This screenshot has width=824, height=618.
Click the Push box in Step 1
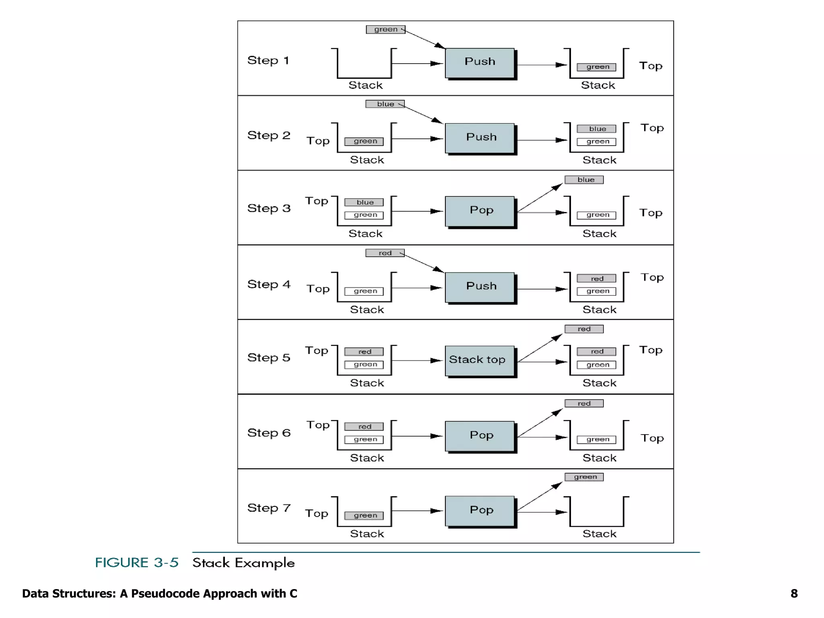coord(480,63)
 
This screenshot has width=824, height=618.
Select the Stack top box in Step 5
coord(480,360)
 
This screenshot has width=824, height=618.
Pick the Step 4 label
coord(269,284)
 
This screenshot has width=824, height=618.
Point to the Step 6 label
coord(269,433)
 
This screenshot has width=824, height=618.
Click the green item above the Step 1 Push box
coord(385,29)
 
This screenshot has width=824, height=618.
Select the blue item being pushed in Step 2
coord(385,104)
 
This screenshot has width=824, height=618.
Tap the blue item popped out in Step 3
coord(584,180)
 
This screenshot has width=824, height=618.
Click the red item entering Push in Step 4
coord(385,253)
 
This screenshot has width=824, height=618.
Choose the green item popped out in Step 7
coord(584,477)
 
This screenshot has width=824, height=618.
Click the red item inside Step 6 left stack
coord(364,426)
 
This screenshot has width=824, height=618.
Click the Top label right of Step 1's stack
coord(651,66)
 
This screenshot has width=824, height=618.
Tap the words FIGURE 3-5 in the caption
coord(137,562)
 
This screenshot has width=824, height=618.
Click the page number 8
coord(794,593)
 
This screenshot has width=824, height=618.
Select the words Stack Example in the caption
coord(243,562)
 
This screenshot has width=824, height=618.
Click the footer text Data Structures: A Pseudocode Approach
coord(159,593)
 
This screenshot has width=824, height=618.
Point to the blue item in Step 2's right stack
coord(596,129)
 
